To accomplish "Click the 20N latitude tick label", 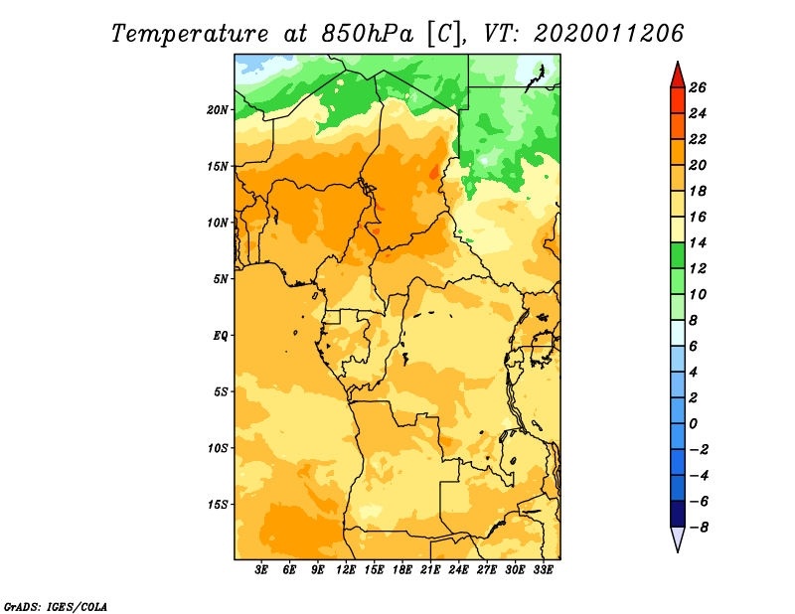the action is [217, 110].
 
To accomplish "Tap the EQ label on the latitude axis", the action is [221, 336].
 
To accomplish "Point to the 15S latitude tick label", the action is [217, 505].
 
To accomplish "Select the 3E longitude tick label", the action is [261, 569].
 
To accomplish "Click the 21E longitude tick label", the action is [430, 569].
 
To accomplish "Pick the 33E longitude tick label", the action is [543, 569].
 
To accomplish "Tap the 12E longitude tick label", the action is [346, 569].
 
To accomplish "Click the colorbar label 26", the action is [698, 87].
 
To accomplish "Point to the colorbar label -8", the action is [699, 528].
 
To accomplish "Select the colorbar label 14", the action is [698, 242].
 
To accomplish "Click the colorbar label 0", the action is [693, 424].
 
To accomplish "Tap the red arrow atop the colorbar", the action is [678, 75].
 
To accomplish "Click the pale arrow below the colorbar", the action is [678, 539].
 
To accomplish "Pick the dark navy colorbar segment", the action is [678, 514].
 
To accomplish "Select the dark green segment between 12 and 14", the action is [678, 255].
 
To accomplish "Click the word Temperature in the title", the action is [189, 35].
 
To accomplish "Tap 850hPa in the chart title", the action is [367, 34].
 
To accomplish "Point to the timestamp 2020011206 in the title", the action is [608, 34].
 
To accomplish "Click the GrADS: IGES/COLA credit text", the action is [56, 607].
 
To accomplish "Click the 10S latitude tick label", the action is [217, 448].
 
